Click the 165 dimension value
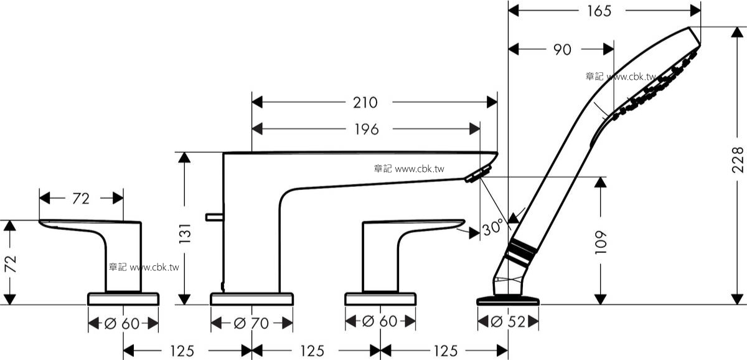tap(599, 11)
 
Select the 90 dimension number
tap(563, 50)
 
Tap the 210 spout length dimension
tap(365, 102)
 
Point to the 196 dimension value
tap(367, 130)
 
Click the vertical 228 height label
tap(738, 160)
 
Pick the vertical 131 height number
tap(185, 233)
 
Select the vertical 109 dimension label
tap(601, 242)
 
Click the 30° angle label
tap(492, 228)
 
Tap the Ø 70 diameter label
tap(251, 323)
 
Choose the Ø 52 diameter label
tap(508, 321)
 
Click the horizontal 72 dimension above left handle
tap(81, 199)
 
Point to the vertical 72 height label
tap(11, 264)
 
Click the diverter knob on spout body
tap(214, 217)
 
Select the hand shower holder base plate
tap(508, 300)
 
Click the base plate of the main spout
tap(251, 299)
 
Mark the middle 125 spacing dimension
tap(312, 351)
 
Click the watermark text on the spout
tap(409, 169)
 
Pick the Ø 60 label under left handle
tap(122, 323)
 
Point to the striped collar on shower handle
tap(521, 253)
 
